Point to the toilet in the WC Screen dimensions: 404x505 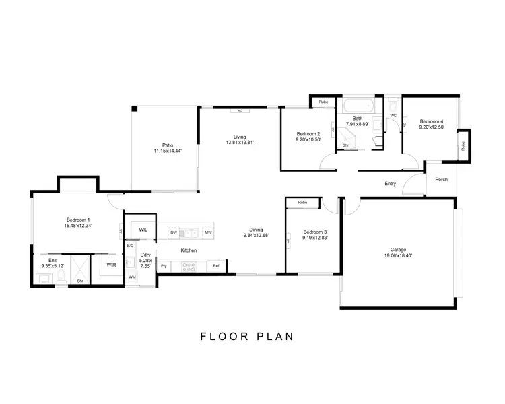point(394,106)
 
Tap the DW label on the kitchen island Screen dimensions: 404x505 point(173,232)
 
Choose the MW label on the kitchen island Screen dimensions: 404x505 point(209,232)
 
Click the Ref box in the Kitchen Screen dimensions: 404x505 point(216,266)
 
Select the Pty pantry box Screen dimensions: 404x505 point(164,266)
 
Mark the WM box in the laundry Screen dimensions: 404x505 point(132,277)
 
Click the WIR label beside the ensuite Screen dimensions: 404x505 point(111,265)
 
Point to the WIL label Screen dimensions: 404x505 point(143,230)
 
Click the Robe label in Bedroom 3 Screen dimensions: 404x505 point(302,202)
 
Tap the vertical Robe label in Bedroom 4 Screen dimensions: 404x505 point(463,146)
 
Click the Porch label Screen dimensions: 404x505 point(441,179)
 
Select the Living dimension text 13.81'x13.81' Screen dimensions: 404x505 point(239,143)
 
